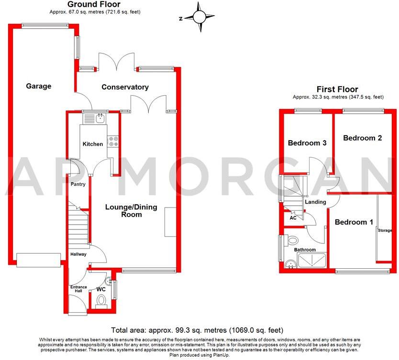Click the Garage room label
click(38, 86)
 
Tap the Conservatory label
click(125, 87)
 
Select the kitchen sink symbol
click(100, 117)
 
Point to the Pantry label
click(78, 184)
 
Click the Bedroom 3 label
click(307, 143)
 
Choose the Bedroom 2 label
click(362, 138)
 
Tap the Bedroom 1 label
click(354, 222)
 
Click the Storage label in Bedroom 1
click(385, 230)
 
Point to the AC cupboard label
click(293, 218)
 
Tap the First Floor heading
click(337, 89)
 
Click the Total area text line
click(197, 330)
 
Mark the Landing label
click(315, 202)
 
